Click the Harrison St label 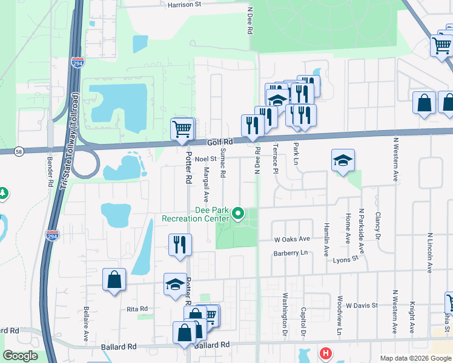click(185, 4)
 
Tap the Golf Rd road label click(219, 141)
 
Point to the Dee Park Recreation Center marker click(239, 213)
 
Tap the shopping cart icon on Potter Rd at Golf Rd click(182, 129)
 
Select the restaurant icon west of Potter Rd click(179, 244)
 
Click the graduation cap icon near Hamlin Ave click(343, 160)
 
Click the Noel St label click(205, 159)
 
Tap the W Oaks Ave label click(292, 240)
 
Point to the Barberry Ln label click(291, 253)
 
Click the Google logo click(20, 356)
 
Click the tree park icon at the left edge click(2, 194)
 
